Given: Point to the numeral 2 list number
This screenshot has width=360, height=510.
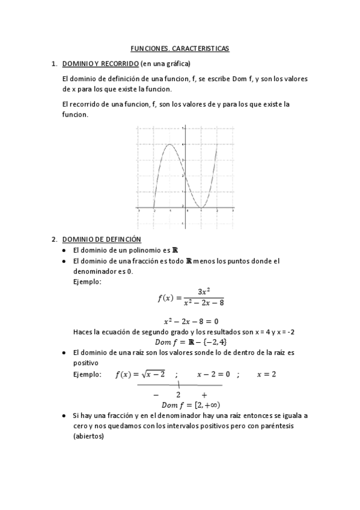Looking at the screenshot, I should (x=53, y=239).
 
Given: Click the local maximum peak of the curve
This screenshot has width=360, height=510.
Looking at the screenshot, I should (x=170, y=144).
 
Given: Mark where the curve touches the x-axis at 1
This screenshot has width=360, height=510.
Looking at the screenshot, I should (x=201, y=207).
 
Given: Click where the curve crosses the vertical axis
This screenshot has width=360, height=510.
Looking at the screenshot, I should (x=185, y=176).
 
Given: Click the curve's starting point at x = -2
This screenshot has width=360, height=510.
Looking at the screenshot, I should (x=154, y=207).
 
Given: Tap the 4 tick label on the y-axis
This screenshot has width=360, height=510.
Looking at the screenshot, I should (x=183, y=145).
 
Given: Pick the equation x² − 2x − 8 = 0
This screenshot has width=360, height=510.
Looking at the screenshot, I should (x=191, y=321).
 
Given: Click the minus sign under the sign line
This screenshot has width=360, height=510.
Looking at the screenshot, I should (x=156, y=395).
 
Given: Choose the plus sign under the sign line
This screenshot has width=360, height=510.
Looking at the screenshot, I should (x=204, y=395).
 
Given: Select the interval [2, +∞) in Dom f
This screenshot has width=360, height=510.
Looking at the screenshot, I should (x=203, y=405).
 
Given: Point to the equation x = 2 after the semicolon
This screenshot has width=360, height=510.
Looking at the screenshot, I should (x=266, y=374).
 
